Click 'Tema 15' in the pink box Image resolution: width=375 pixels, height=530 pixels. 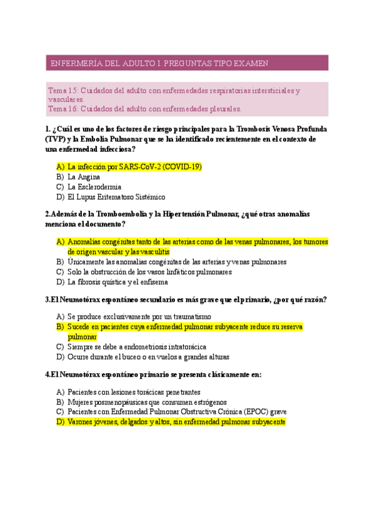point(61,91)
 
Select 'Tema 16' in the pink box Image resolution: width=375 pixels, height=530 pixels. point(61,108)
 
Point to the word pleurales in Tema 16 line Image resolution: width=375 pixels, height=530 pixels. point(221,108)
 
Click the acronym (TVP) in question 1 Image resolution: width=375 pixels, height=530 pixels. point(55,139)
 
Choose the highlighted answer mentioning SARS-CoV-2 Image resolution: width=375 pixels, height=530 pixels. point(134,167)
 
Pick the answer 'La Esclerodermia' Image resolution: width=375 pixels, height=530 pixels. point(94,186)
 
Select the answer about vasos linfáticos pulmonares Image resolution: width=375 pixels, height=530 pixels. point(150,272)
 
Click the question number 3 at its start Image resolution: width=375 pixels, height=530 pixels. point(47,299)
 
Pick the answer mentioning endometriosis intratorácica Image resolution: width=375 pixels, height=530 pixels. point(137,346)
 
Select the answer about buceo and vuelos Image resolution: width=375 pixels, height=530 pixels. point(148,357)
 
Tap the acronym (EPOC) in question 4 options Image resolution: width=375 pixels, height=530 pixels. point(249,411)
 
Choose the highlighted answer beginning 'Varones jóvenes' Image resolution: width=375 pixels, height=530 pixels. point(176,422)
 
